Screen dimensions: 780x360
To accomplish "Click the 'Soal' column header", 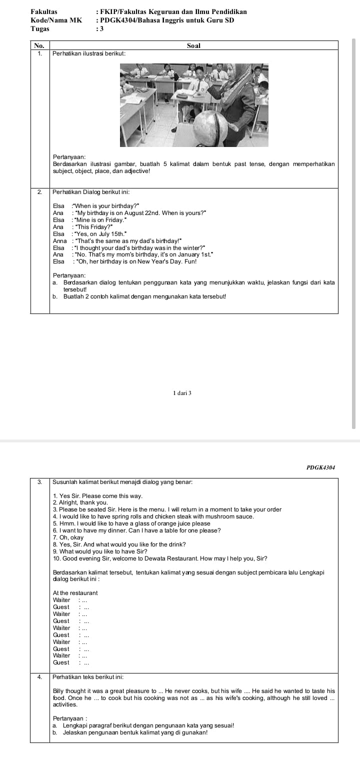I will pyautogui.click(x=193, y=45).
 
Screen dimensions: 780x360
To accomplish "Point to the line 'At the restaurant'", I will pyautogui.click(x=75, y=592).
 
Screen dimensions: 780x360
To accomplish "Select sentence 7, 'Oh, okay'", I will pyautogui.click(x=68, y=537).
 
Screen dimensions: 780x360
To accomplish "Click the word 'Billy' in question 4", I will pyautogui.click(x=59, y=690).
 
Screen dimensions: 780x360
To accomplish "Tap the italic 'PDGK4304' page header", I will pyautogui.click(x=320, y=467).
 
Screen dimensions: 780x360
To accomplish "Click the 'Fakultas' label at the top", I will pyautogui.click(x=44, y=11).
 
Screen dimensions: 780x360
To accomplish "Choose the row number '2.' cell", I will pyautogui.click(x=39, y=192).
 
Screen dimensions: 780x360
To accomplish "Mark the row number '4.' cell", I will pyautogui.click(x=39, y=676).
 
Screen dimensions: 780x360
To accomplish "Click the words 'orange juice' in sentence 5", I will pyautogui.click(x=170, y=523).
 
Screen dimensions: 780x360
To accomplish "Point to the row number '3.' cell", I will pyautogui.click(x=39, y=481).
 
